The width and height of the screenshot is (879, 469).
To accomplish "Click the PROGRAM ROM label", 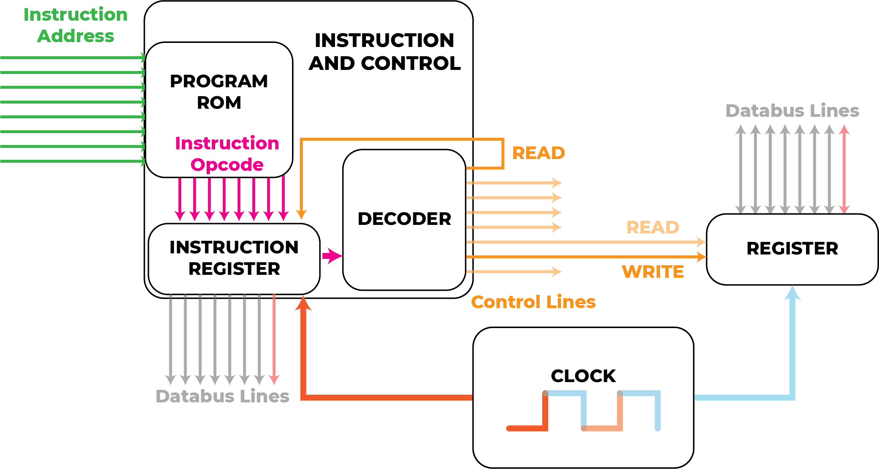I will click(x=219, y=92).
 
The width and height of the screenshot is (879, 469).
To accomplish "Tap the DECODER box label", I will click(x=404, y=219).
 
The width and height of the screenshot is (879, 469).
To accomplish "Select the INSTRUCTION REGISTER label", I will click(x=234, y=258).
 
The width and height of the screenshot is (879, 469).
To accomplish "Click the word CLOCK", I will click(x=583, y=376).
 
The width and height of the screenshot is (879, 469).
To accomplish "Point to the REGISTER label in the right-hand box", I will click(x=792, y=248).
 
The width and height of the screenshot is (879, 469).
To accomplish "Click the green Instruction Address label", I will click(x=76, y=25).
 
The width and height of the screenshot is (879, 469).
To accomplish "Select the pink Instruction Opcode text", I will click(x=227, y=153).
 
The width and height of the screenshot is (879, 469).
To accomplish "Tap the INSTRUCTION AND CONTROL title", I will click(x=384, y=52).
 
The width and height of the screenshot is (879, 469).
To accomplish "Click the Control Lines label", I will click(x=533, y=302).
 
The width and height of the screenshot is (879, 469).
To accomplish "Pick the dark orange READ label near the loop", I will click(x=538, y=153).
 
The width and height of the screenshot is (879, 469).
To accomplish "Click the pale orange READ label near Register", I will click(x=652, y=227).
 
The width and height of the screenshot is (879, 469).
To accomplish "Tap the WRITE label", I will click(x=652, y=272).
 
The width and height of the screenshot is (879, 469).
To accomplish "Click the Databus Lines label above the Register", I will click(x=792, y=111).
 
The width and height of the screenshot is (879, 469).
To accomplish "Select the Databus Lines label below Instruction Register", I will click(x=222, y=396).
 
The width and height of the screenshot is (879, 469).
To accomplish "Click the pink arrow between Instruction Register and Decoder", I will click(x=332, y=256).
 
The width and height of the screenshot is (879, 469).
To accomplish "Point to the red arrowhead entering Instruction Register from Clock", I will click(x=303, y=303).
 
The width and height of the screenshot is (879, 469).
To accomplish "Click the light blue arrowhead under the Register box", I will click(x=793, y=293).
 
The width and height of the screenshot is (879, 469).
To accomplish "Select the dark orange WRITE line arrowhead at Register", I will click(x=701, y=257).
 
